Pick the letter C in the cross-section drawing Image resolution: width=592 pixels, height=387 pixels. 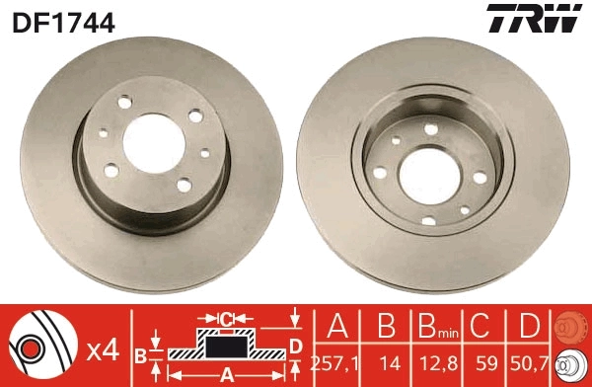click(x=225, y=318)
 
